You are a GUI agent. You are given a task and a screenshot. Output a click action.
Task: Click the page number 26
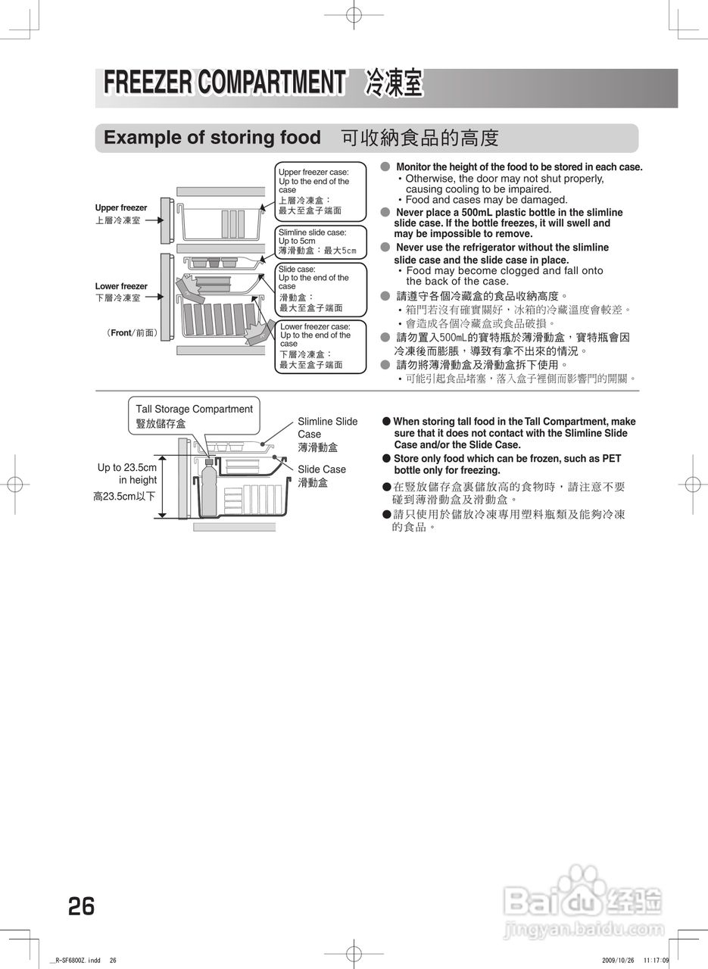coord(81,905)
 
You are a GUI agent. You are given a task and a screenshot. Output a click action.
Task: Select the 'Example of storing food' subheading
coord(212,138)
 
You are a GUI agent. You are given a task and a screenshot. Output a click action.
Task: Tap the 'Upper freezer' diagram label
coord(121,207)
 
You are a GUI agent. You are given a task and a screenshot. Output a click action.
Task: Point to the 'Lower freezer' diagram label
coord(121,286)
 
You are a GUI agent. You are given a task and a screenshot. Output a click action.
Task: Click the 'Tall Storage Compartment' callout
coord(194,416)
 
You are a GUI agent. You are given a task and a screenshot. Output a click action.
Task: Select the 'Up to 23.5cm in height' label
coord(127,474)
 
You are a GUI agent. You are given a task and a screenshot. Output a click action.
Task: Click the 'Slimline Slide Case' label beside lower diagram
coord(327,428)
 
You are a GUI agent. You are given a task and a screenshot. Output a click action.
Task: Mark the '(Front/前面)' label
coord(132,332)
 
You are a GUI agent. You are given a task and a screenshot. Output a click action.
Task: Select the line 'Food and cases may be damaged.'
coord(486,200)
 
